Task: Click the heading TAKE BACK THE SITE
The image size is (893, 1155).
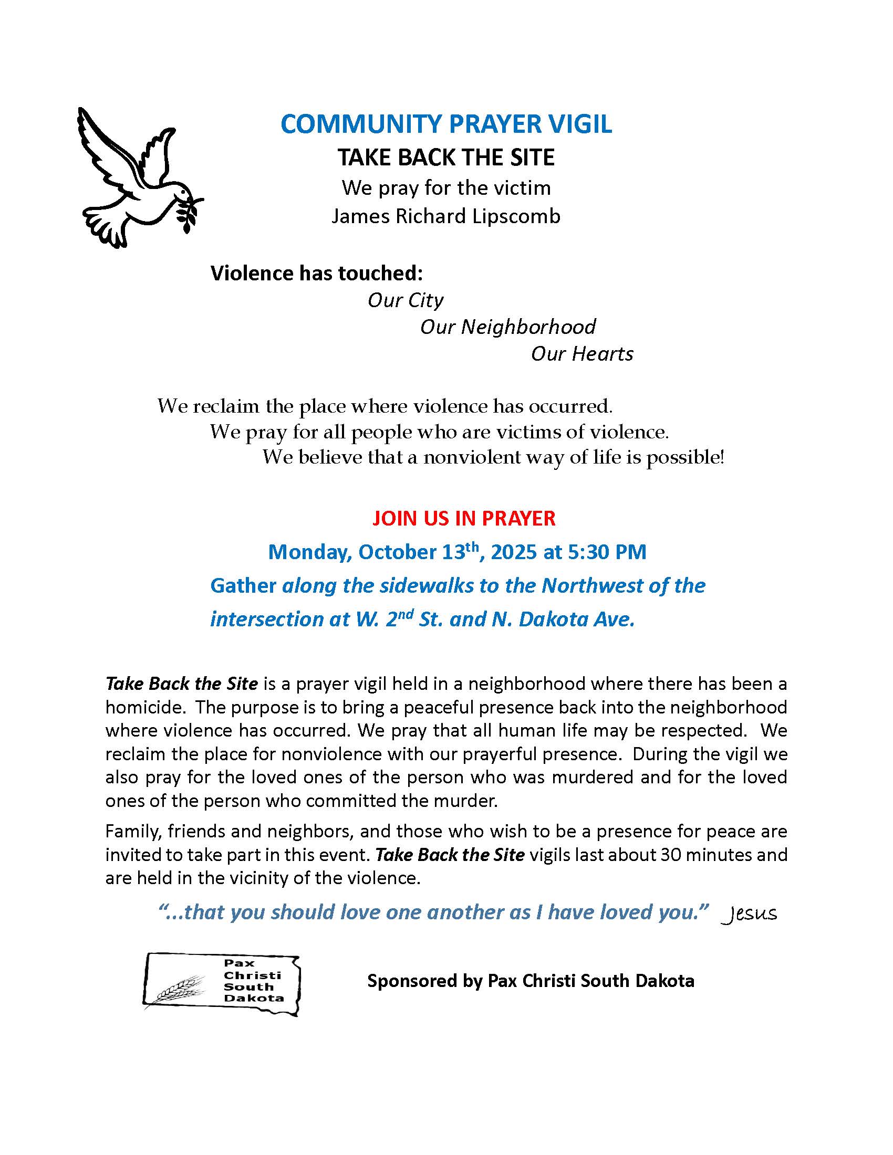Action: point(446,157)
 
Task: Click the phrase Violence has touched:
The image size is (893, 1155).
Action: point(317,273)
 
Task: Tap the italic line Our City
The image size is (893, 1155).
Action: point(405,300)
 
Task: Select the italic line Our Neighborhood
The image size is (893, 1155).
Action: point(507,327)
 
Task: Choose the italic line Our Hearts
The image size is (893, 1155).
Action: point(582,354)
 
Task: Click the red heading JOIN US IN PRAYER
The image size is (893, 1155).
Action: point(463,518)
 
